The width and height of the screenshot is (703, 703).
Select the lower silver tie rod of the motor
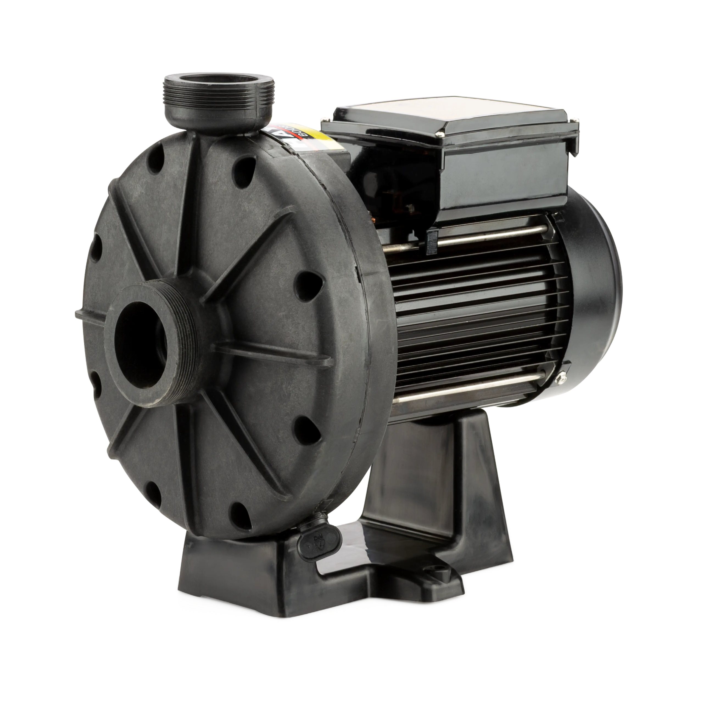[x=473, y=393]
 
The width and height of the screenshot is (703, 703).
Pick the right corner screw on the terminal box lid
[x=574, y=119]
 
